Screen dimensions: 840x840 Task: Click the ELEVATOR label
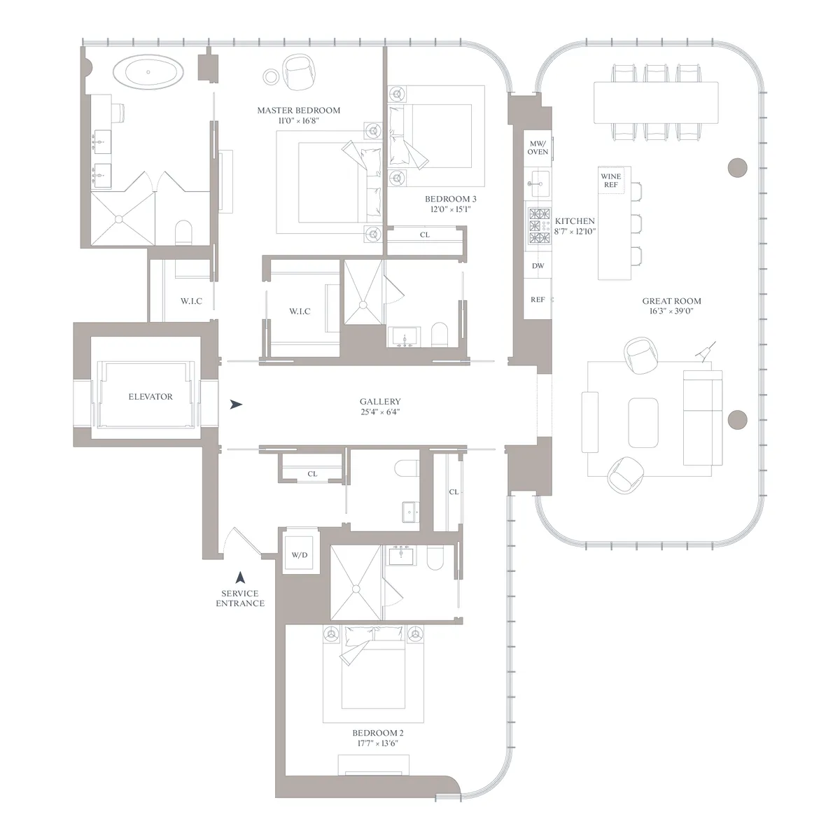click(150, 397)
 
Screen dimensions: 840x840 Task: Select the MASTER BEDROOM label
click(298, 111)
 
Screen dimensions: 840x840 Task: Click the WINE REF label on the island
click(610, 181)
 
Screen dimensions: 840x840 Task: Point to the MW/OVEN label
click(538, 147)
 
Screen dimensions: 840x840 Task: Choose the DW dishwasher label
click(538, 266)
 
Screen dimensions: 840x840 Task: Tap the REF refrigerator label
click(538, 300)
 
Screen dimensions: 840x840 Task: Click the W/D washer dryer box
click(300, 556)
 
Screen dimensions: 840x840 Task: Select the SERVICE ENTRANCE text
click(240, 598)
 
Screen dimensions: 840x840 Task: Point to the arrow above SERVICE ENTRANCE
click(240, 577)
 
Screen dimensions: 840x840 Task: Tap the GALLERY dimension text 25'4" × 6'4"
click(380, 412)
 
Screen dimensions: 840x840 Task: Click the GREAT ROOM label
click(671, 301)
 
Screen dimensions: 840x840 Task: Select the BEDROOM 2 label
click(377, 733)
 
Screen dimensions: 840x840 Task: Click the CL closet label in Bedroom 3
click(424, 235)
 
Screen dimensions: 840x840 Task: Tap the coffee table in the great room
click(643, 423)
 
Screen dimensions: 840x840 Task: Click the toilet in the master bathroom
click(184, 232)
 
